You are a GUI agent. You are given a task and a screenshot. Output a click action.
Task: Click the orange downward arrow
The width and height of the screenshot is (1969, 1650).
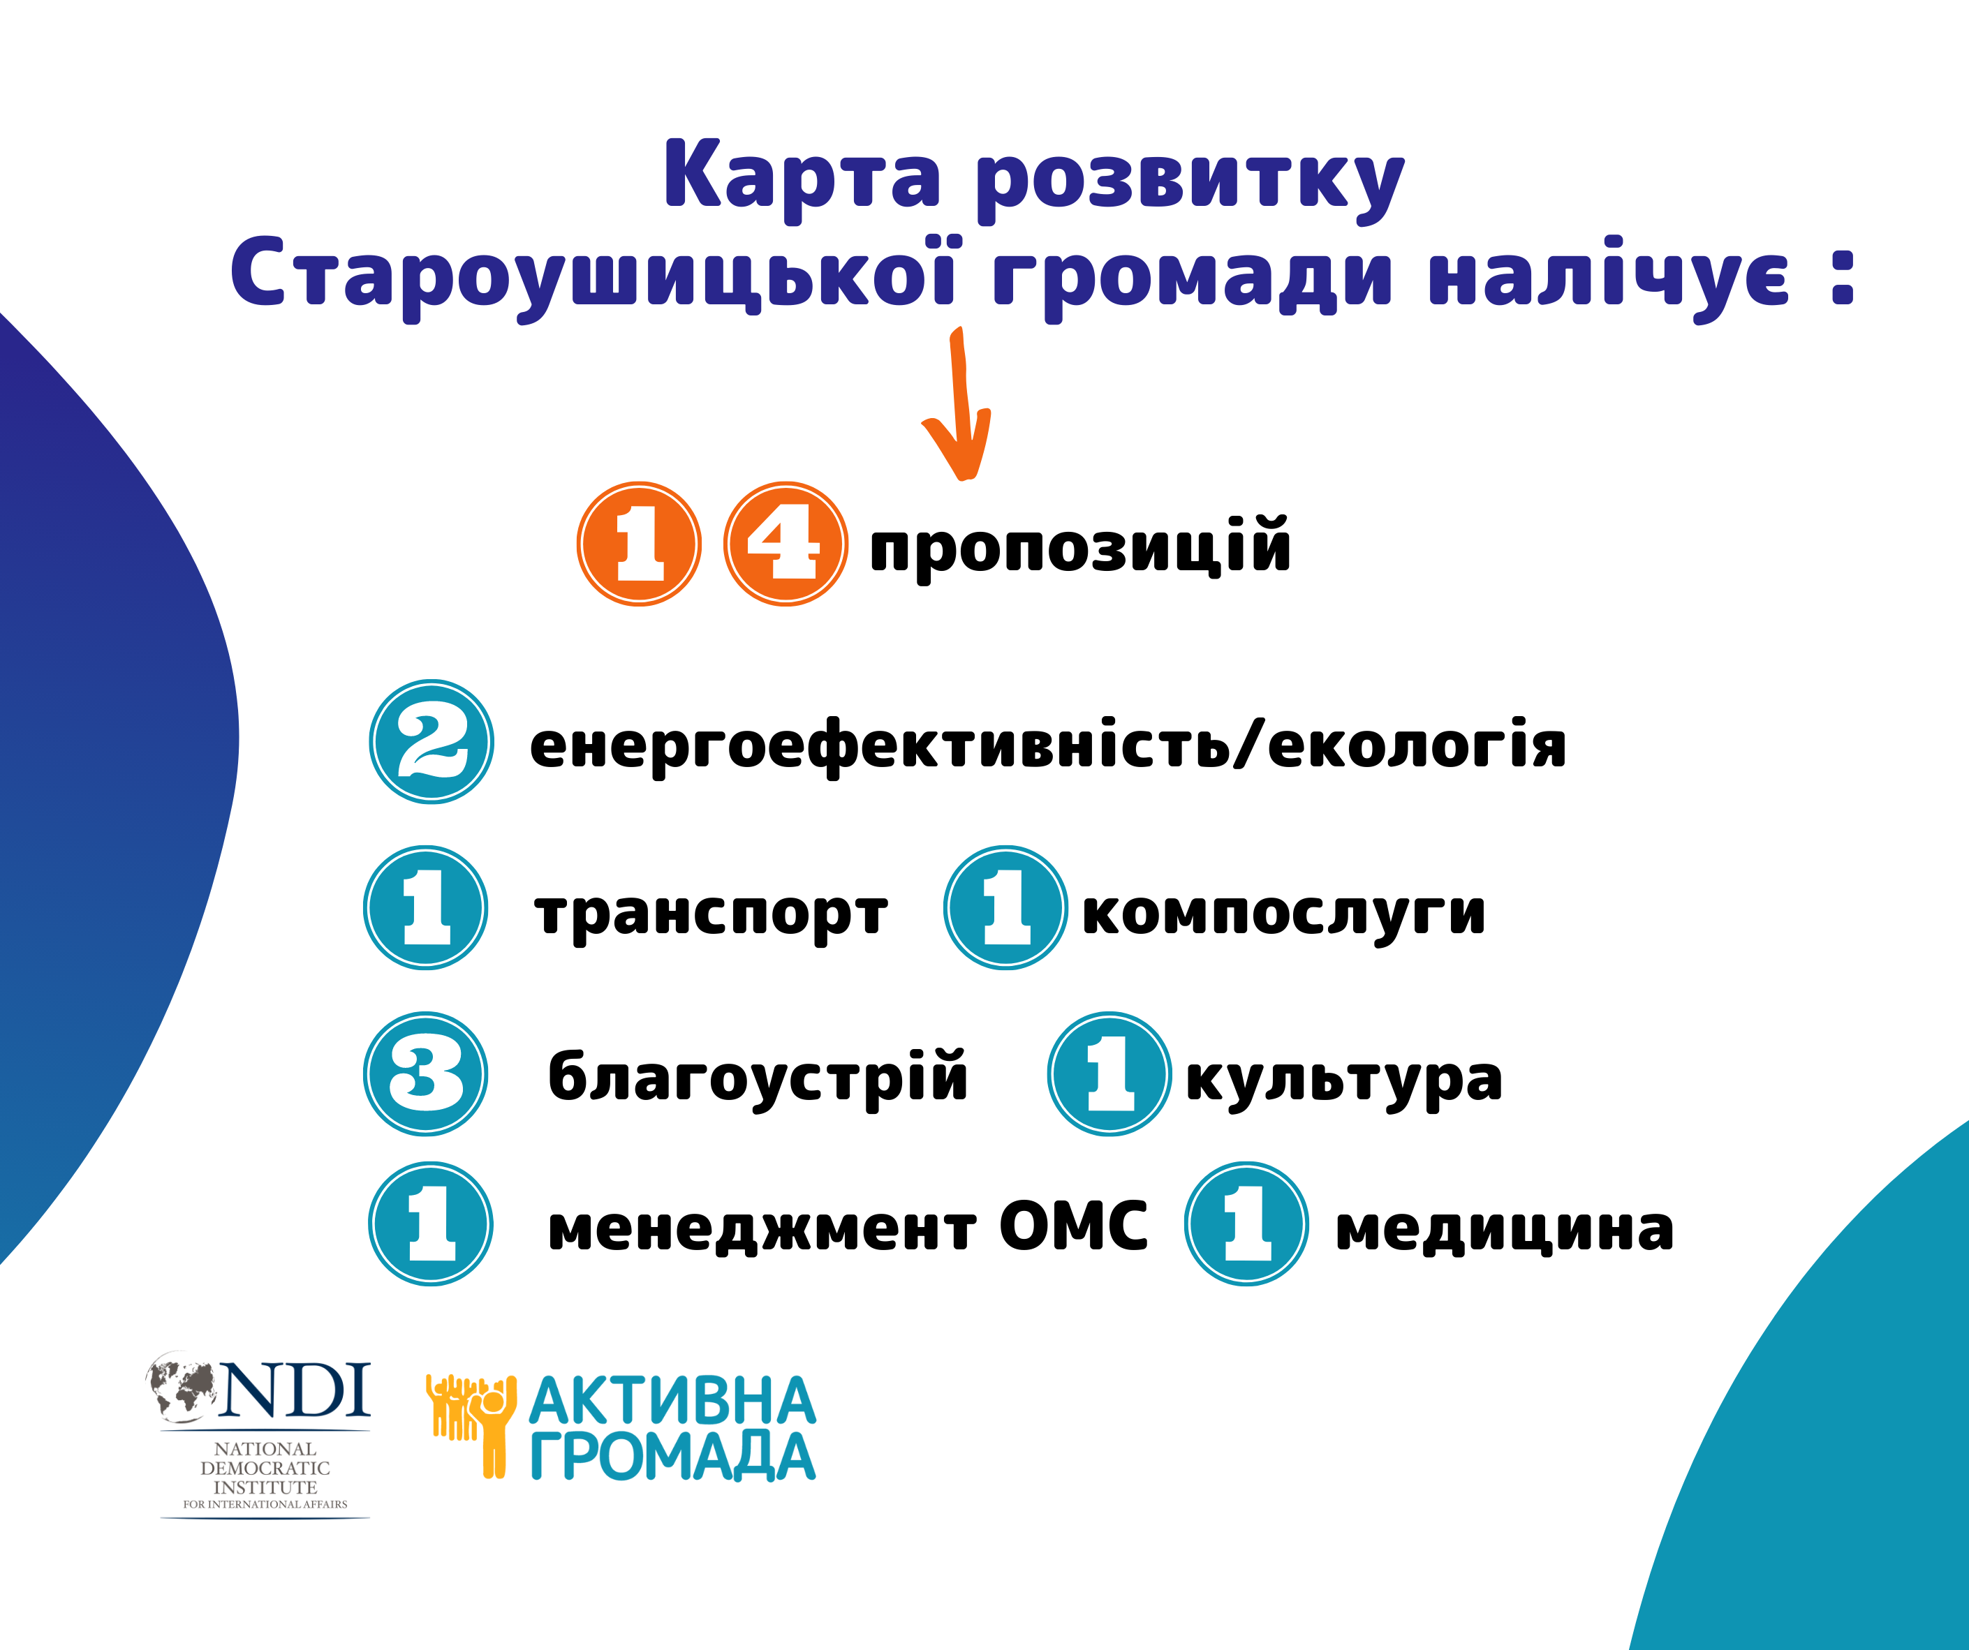(x=958, y=403)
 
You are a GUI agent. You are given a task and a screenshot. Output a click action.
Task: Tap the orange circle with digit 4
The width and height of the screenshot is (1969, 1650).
(x=786, y=544)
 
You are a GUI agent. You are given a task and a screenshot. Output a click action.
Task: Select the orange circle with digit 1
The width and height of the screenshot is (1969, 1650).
(x=638, y=544)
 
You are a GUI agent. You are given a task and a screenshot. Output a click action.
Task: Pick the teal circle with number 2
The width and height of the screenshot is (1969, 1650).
(x=432, y=741)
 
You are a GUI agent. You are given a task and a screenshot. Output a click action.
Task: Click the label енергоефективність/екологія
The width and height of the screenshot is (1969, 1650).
(x=1047, y=746)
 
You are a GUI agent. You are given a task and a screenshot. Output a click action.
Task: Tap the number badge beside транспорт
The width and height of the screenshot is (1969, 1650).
(x=426, y=907)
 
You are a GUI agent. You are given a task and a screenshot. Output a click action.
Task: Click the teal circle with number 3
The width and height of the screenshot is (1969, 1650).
(x=426, y=1073)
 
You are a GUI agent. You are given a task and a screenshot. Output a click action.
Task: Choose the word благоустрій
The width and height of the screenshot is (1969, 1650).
(x=758, y=1078)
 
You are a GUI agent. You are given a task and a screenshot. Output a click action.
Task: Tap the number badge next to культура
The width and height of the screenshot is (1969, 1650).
(x=1109, y=1073)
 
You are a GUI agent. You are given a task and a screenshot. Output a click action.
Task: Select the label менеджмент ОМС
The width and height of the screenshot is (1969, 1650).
(x=848, y=1226)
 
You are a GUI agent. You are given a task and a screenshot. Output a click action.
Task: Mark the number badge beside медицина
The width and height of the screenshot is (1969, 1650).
(x=1246, y=1224)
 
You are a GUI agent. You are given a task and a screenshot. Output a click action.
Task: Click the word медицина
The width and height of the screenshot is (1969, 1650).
(x=1504, y=1229)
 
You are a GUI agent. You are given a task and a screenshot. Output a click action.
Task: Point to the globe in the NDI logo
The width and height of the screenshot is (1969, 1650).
(x=182, y=1385)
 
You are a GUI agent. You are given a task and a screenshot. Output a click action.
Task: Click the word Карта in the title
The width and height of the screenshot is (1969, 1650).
(x=802, y=178)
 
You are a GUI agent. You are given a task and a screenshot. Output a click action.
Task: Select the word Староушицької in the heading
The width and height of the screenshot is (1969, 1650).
(x=593, y=276)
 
